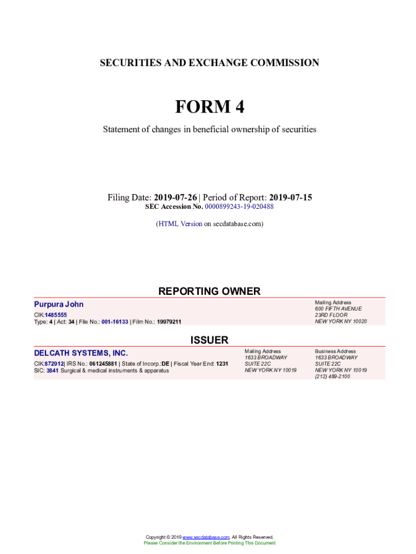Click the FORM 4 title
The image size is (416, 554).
[x=209, y=107]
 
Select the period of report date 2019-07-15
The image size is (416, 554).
[x=291, y=197]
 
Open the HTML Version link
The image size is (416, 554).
[x=180, y=223]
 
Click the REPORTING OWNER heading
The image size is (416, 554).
[x=209, y=291]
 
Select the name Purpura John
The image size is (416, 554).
[x=59, y=305]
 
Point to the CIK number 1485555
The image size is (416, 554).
[x=56, y=315]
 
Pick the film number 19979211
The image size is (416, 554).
[x=169, y=322]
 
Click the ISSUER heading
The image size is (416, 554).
[x=209, y=340]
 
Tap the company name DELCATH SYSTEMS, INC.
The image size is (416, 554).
[x=81, y=353]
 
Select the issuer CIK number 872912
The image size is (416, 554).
[x=55, y=364]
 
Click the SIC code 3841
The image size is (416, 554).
[x=53, y=371]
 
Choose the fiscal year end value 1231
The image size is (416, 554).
[x=222, y=364]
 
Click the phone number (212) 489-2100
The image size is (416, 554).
[x=332, y=377]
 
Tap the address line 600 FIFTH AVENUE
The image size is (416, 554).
[x=338, y=309]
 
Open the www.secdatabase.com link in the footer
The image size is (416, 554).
[x=206, y=537]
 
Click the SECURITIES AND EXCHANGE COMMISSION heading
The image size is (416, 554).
[x=209, y=63]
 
